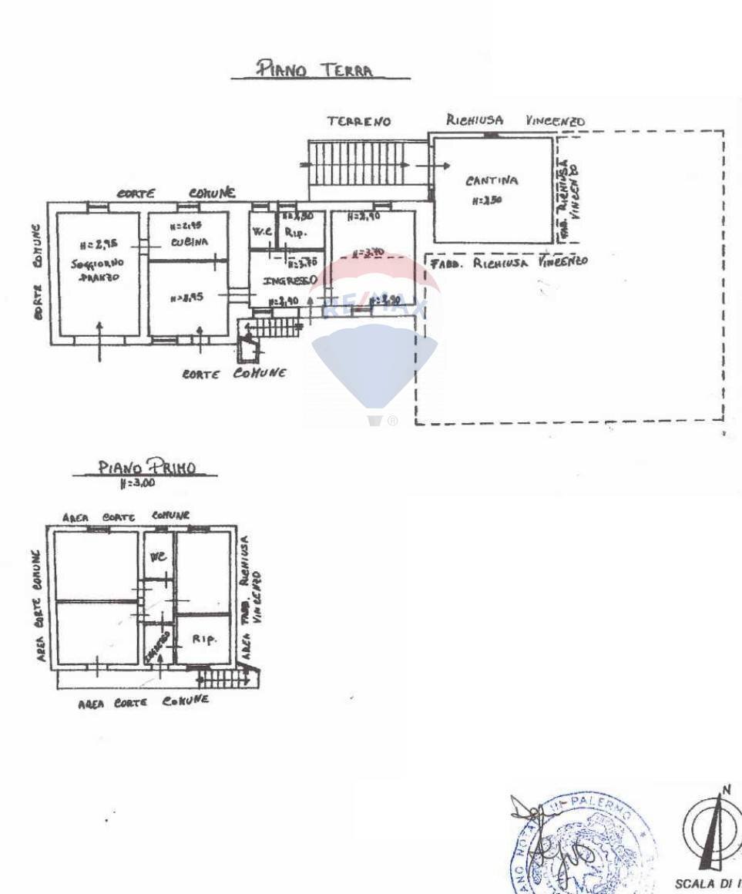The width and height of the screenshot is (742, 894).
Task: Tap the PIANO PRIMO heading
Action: pyautogui.click(x=146, y=467)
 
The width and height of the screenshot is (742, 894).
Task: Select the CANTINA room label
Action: pyautogui.click(x=491, y=182)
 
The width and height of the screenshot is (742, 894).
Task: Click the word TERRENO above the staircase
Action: pyautogui.click(x=358, y=121)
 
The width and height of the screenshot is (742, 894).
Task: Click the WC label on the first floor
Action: pyautogui.click(x=158, y=556)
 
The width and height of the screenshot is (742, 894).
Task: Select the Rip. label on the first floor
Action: pyautogui.click(x=203, y=639)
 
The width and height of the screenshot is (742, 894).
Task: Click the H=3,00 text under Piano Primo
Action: pyautogui.click(x=137, y=483)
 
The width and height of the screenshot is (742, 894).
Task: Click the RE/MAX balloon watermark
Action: pyautogui.click(x=374, y=339)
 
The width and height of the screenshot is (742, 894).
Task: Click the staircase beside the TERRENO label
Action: pyautogui.click(x=358, y=163)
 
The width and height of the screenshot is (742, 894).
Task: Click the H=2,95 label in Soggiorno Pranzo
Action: pyautogui.click(x=96, y=246)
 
